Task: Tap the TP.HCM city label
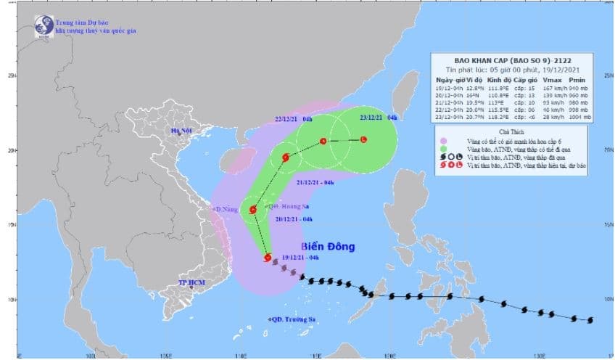point(191,282)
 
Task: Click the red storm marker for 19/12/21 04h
point(268,257)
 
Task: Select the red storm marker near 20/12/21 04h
point(253,210)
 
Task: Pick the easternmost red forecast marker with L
point(363,139)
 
